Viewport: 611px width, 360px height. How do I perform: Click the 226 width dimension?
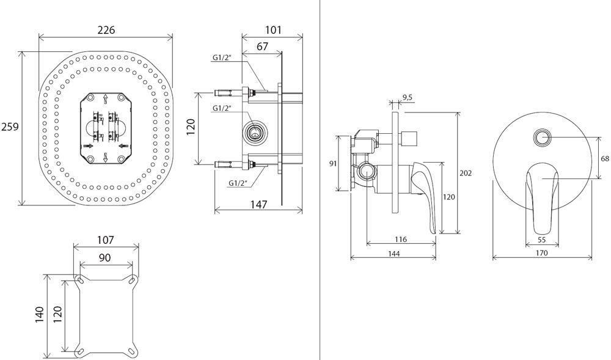[x=106, y=29]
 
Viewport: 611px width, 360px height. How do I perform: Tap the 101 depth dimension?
[x=273, y=29]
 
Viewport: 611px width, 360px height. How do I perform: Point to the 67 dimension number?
[x=262, y=46]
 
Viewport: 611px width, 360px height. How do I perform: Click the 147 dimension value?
[x=259, y=204]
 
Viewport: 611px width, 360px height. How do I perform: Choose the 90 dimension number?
[x=104, y=258]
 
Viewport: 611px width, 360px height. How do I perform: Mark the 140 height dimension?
[x=40, y=314]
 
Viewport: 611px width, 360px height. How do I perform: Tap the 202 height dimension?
[x=466, y=173]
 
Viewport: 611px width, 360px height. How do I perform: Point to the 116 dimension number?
[x=400, y=239]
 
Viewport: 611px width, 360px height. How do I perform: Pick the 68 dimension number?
[x=605, y=158]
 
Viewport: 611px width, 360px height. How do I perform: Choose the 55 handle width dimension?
[x=541, y=240]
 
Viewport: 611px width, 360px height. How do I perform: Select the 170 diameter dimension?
[x=541, y=253]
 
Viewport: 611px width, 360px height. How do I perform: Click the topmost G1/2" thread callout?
[x=221, y=57]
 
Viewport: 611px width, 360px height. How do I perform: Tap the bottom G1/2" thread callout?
[x=238, y=183]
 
